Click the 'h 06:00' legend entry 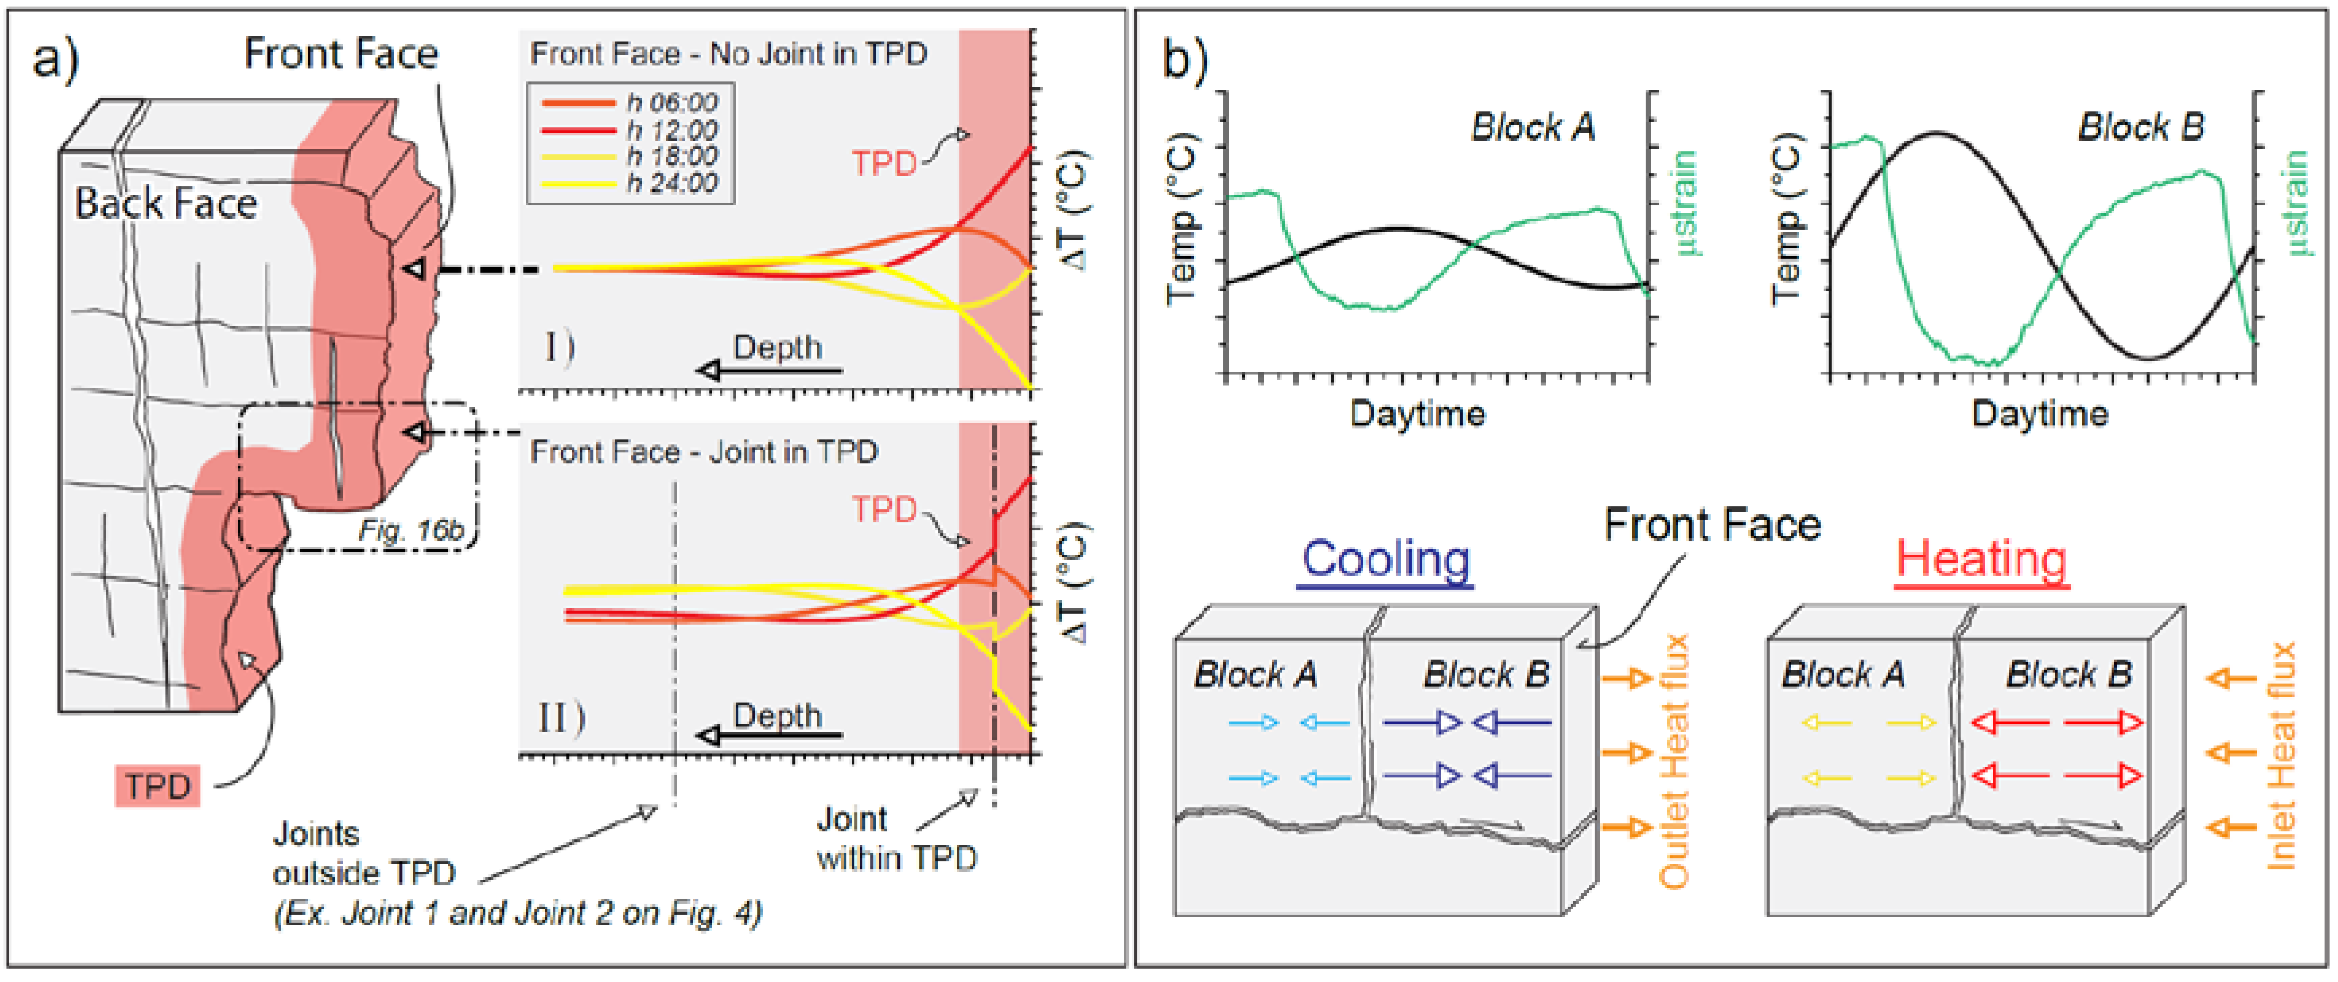(x=630, y=102)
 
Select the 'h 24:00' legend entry (x=630, y=182)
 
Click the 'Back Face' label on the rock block (x=166, y=203)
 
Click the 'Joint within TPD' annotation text (x=897, y=838)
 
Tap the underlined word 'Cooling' (x=1386, y=559)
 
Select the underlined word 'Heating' (x=1981, y=559)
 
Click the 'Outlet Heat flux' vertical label (x=1674, y=761)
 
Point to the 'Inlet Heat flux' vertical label (x=2281, y=755)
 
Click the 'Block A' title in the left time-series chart (x=1533, y=127)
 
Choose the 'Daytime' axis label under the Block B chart (x=2040, y=414)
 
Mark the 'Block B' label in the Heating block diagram (x=2069, y=674)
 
